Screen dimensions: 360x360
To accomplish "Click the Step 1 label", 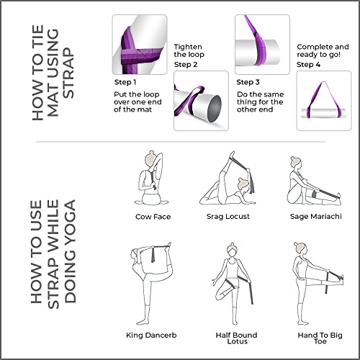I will click(x=125, y=82).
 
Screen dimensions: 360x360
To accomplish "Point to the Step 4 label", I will click(x=308, y=64).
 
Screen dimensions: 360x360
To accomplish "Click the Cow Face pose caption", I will click(x=153, y=216).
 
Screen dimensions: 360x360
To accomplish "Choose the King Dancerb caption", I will click(x=153, y=335).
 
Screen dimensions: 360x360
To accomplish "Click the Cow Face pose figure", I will click(x=151, y=180).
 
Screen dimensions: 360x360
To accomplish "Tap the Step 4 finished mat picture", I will click(x=323, y=101).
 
